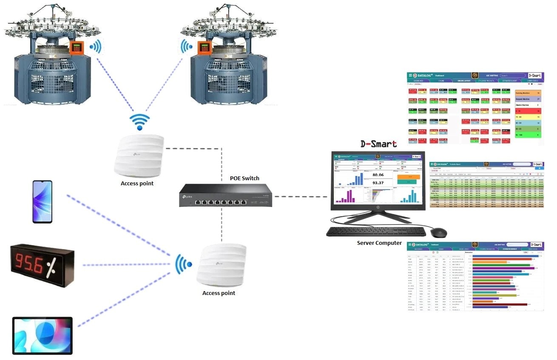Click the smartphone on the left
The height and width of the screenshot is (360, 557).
tap(43, 201)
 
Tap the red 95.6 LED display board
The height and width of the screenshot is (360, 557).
tap(42, 264)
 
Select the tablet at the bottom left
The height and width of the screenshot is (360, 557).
tap(43, 335)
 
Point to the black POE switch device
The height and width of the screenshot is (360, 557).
tap(225, 195)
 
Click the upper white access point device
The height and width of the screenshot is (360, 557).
tap(139, 155)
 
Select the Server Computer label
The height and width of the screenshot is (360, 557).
tap(379, 243)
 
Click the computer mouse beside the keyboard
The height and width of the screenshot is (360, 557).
tap(438, 232)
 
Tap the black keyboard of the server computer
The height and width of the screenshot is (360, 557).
tap(376, 231)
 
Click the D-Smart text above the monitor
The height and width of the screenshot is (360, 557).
tap(378, 144)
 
